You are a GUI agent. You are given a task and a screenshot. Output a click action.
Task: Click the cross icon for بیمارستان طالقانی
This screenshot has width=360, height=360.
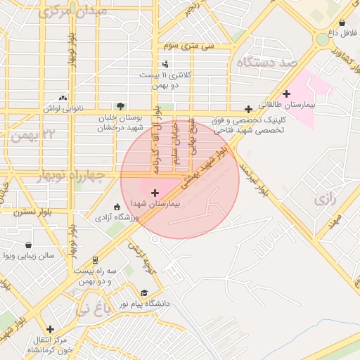click(286, 94)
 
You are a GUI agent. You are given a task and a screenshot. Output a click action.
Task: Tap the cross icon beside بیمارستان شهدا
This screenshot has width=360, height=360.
click(155, 193)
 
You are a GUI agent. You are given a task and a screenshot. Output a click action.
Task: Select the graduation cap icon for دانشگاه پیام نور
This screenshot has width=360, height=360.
click(144, 293)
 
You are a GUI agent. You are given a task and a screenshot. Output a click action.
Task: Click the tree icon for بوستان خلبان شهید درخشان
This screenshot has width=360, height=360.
click(120, 106)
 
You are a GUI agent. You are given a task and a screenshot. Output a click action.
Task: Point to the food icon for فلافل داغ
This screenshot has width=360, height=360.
click(343, 22)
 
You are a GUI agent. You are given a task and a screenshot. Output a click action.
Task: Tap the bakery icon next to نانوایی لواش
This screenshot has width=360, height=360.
click(64, 98)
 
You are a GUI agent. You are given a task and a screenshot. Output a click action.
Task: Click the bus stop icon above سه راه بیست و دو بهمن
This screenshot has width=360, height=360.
click(95, 259)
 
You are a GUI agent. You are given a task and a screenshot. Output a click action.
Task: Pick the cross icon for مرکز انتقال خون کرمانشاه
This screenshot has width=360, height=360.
click(50, 329)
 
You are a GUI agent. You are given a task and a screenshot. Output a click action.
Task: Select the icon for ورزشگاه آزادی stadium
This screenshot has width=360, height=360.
click(117, 207)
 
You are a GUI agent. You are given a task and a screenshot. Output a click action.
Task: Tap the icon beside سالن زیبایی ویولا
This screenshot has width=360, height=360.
click(27, 245)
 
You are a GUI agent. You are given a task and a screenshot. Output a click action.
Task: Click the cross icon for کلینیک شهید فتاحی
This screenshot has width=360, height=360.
click(248, 109)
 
